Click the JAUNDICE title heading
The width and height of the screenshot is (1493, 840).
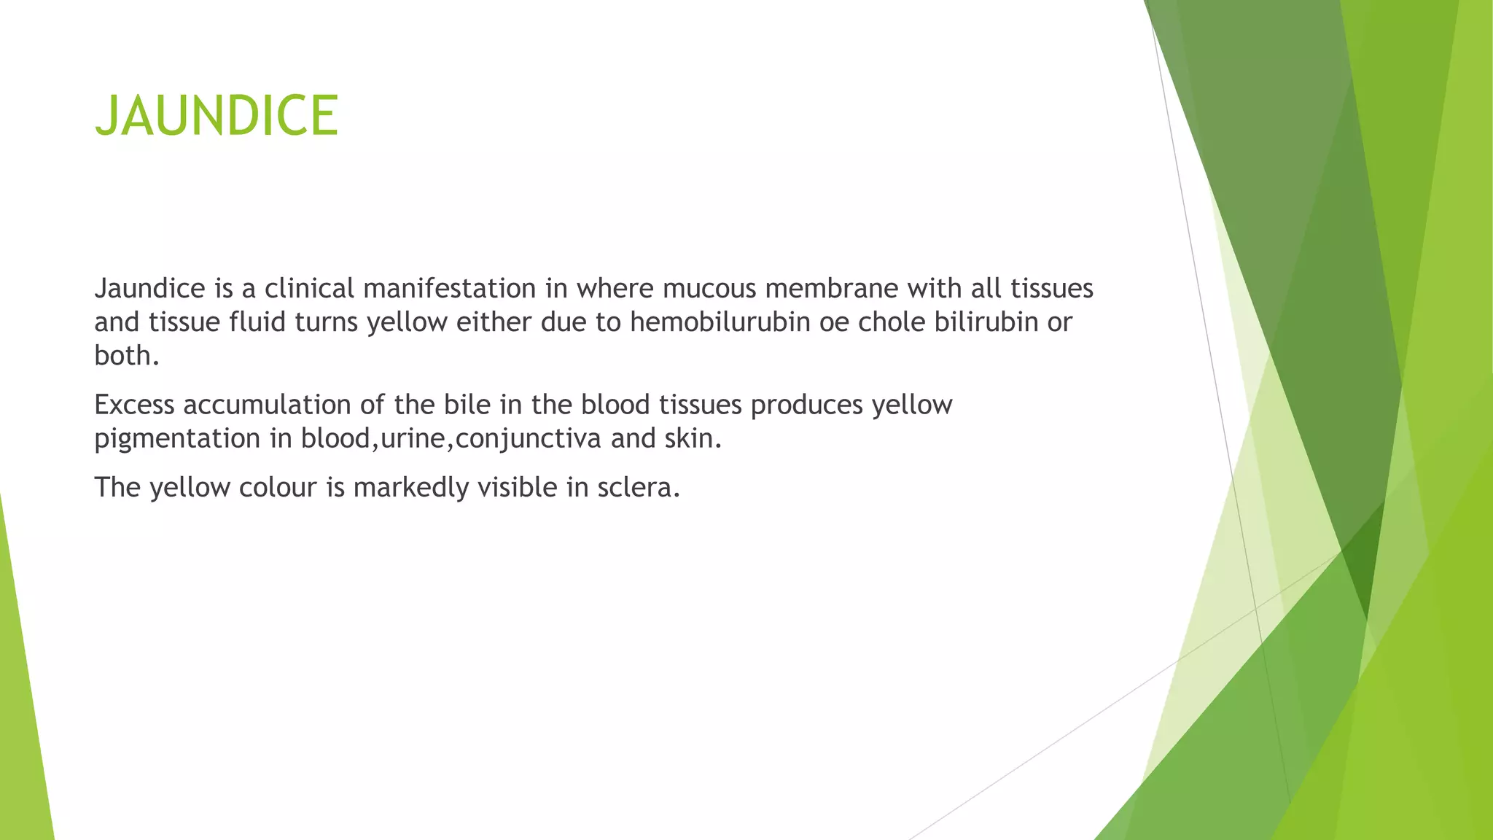[217, 116]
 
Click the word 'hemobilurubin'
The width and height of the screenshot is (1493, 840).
[720, 322]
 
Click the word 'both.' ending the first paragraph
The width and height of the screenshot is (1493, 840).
[127, 356]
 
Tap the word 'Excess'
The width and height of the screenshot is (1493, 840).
[134, 405]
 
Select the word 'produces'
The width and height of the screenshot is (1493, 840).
[807, 405]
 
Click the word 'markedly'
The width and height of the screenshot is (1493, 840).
[410, 487]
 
